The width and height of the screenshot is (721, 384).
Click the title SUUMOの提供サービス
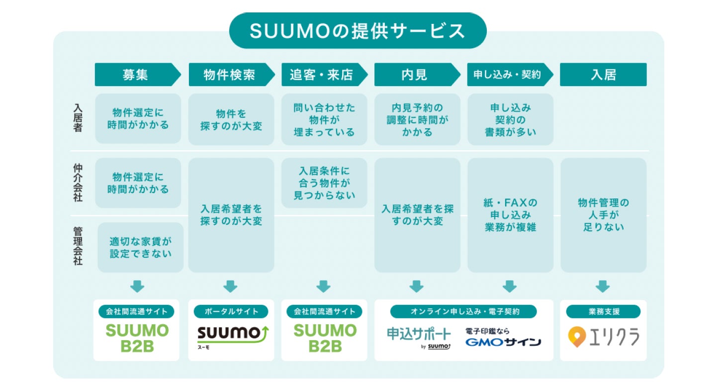coord(358,31)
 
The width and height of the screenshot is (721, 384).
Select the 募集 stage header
coord(135,75)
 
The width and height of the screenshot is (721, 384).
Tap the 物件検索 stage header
coord(229,75)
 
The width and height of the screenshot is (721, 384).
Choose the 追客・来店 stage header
coord(322,75)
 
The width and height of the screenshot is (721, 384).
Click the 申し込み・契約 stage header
coord(507,75)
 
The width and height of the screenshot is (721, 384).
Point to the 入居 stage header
coord(603,75)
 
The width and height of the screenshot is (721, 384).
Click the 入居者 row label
coord(78,118)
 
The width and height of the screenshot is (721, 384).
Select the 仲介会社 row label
coord(78,183)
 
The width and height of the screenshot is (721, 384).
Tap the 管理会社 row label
coord(78,246)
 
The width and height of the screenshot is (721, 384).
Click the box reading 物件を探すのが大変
coord(231,120)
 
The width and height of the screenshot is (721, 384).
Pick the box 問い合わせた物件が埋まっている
coord(324,120)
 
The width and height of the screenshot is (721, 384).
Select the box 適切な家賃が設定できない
coord(140,247)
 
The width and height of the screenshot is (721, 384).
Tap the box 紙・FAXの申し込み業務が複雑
coord(510,215)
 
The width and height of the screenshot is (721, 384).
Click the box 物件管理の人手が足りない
coord(603,215)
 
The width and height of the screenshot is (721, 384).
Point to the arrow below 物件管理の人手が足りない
coord(603,286)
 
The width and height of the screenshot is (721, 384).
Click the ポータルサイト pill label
coord(231,311)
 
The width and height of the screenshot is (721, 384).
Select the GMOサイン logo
coord(503,342)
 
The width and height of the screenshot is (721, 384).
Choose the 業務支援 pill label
coord(603,311)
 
